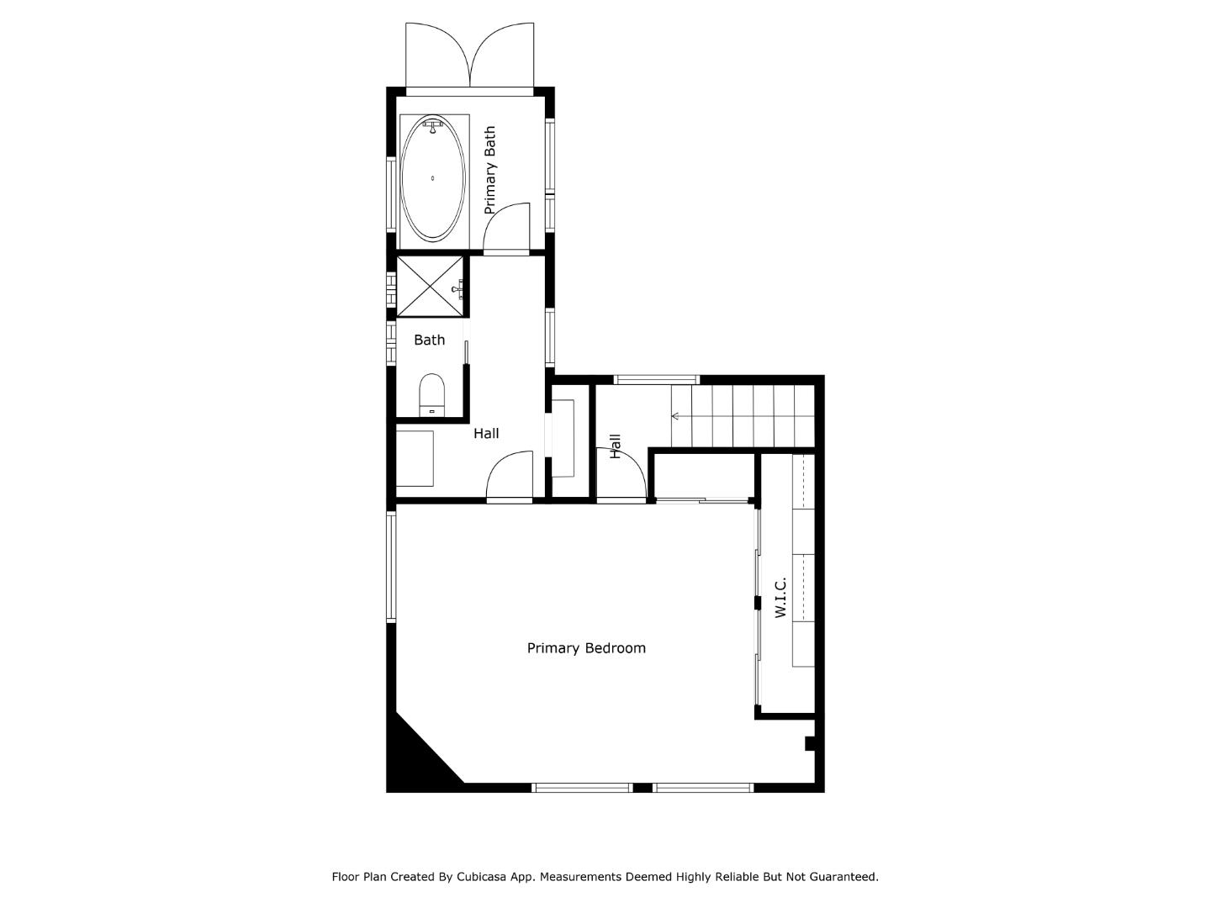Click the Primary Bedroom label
pyautogui.click(x=586, y=648)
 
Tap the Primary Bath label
pyautogui.click(x=489, y=170)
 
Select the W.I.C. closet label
pyautogui.click(x=780, y=598)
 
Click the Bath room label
pyautogui.click(x=429, y=340)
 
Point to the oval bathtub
pyautogui.click(x=432, y=179)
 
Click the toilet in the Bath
pyautogui.click(x=431, y=394)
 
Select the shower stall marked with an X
pyautogui.click(x=429, y=287)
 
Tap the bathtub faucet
pyautogui.click(x=432, y=126)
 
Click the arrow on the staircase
pyautogui.click(x=675, y=416)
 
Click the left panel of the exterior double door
pyautogui.click(x=436, y=55)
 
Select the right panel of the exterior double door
pyautogui.click(x=504, y=55)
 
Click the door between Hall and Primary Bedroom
pyautogui.click(x=510, y=478)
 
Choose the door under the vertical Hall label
pyautogui.click(x=621, y=476)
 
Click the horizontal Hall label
pyautogui.click(x=486, y=433)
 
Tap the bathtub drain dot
pyautogui.click(x=432, y=178)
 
